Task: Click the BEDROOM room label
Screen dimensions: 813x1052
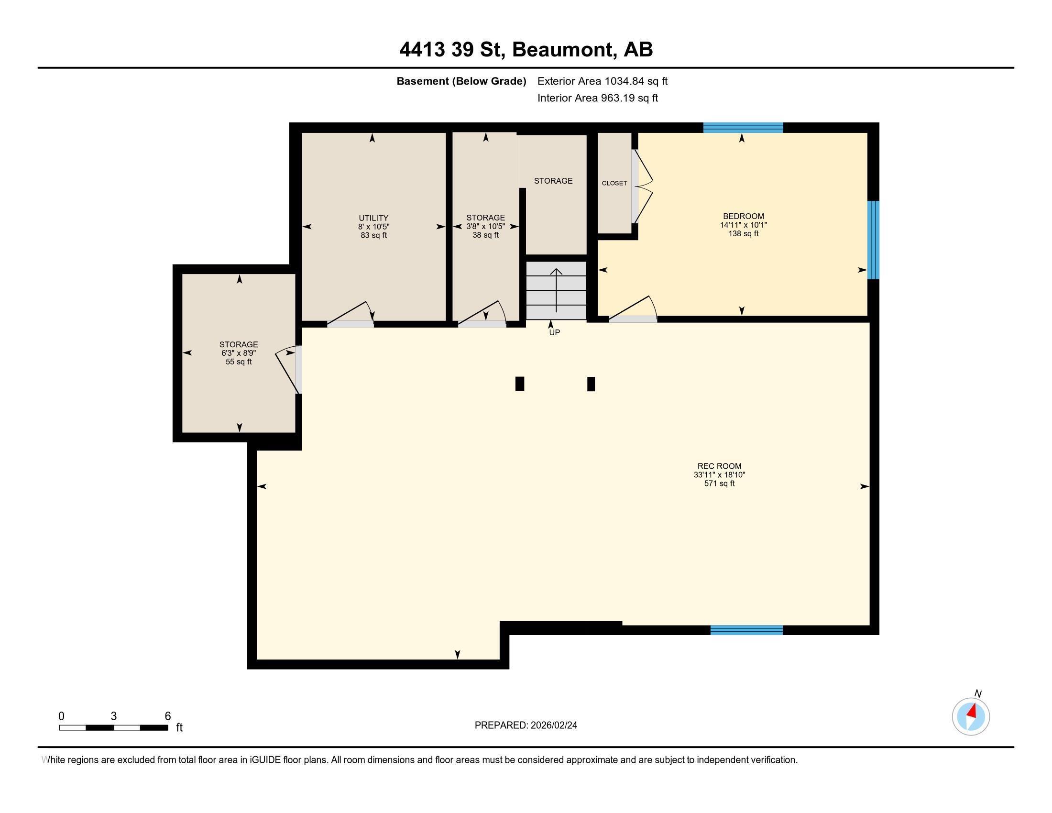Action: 743,216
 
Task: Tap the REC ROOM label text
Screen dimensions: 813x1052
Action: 719,466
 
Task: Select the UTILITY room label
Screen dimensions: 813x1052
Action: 373,218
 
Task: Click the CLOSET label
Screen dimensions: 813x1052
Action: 614,183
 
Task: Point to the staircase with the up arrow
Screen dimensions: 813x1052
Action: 556,291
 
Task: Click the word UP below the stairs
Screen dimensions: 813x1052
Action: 554,332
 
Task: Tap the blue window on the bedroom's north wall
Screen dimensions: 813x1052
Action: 743,128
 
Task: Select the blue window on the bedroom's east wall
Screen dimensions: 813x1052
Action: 873,240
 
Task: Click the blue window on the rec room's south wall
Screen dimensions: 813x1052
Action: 746,630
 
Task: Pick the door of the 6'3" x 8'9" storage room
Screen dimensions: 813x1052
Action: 289,370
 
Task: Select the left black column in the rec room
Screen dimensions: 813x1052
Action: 519,384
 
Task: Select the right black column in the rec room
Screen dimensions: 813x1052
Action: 591,384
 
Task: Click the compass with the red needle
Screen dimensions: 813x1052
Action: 971,716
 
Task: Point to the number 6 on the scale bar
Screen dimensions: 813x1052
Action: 168,716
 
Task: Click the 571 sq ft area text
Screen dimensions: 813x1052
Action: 719,483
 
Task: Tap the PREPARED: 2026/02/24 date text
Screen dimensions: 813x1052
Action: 526,725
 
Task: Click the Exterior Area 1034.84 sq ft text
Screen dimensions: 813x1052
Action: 602,81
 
